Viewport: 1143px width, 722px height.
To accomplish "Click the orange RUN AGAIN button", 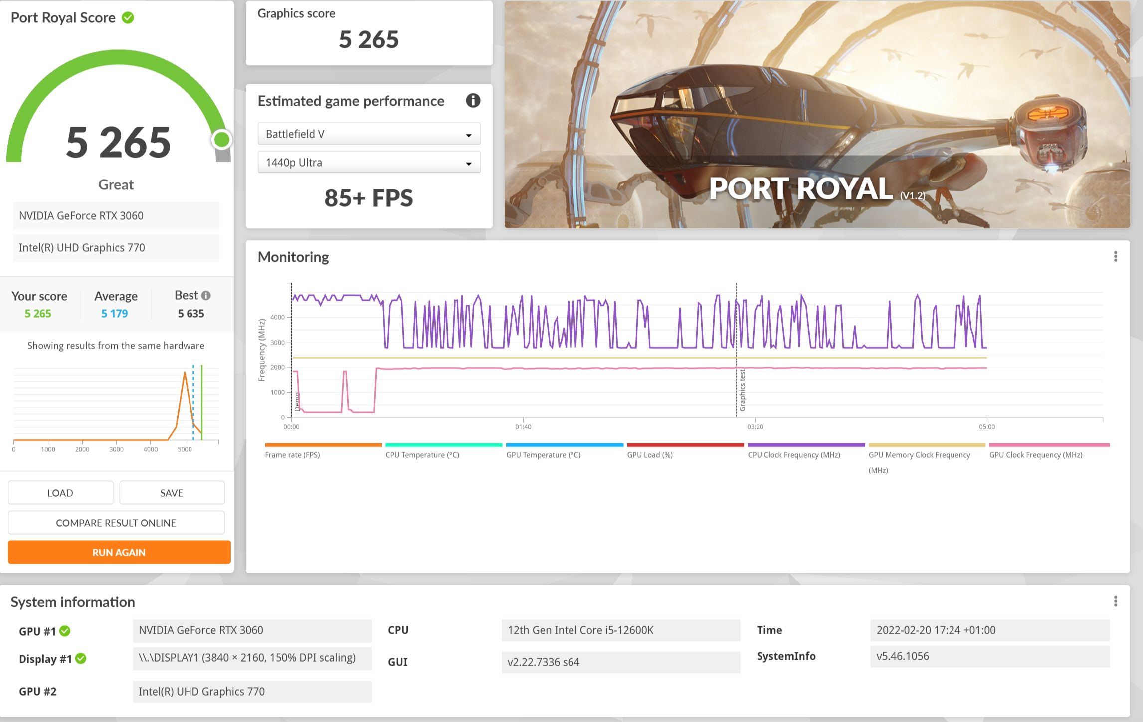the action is tap(119, 552).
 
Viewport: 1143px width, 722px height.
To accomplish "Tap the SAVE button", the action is tap(172, 493).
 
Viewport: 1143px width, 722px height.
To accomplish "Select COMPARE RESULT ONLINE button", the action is tap(116, 523).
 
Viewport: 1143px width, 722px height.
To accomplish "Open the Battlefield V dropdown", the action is tap(369, 134).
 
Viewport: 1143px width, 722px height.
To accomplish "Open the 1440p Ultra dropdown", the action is tap(369, 162).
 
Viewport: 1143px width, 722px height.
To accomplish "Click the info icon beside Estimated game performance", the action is tap(473, 101).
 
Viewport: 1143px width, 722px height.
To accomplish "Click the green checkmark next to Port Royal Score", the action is tap(128, 18).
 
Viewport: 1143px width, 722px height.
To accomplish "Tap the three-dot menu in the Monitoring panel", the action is tap(1116, 256).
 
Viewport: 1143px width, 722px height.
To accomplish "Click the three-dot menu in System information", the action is tap(1116, 601).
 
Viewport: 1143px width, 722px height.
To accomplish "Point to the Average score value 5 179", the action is tap(115, 313).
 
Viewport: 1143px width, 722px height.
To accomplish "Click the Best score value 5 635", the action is tap(191, 313).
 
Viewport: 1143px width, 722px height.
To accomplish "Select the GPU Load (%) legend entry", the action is tap(650, 455).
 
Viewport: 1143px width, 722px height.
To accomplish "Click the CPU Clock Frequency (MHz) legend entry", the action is tap(794, 455).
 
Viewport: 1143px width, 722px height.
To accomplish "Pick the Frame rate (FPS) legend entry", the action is tap(292, 455).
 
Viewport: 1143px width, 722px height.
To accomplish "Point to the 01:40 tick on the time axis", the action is tap(523, 427).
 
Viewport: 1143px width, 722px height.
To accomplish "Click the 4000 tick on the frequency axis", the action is tap(277, 317).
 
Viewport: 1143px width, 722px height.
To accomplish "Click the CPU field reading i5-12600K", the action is tap(621, 630).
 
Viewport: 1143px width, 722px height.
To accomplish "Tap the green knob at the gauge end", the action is tap(222, 140).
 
